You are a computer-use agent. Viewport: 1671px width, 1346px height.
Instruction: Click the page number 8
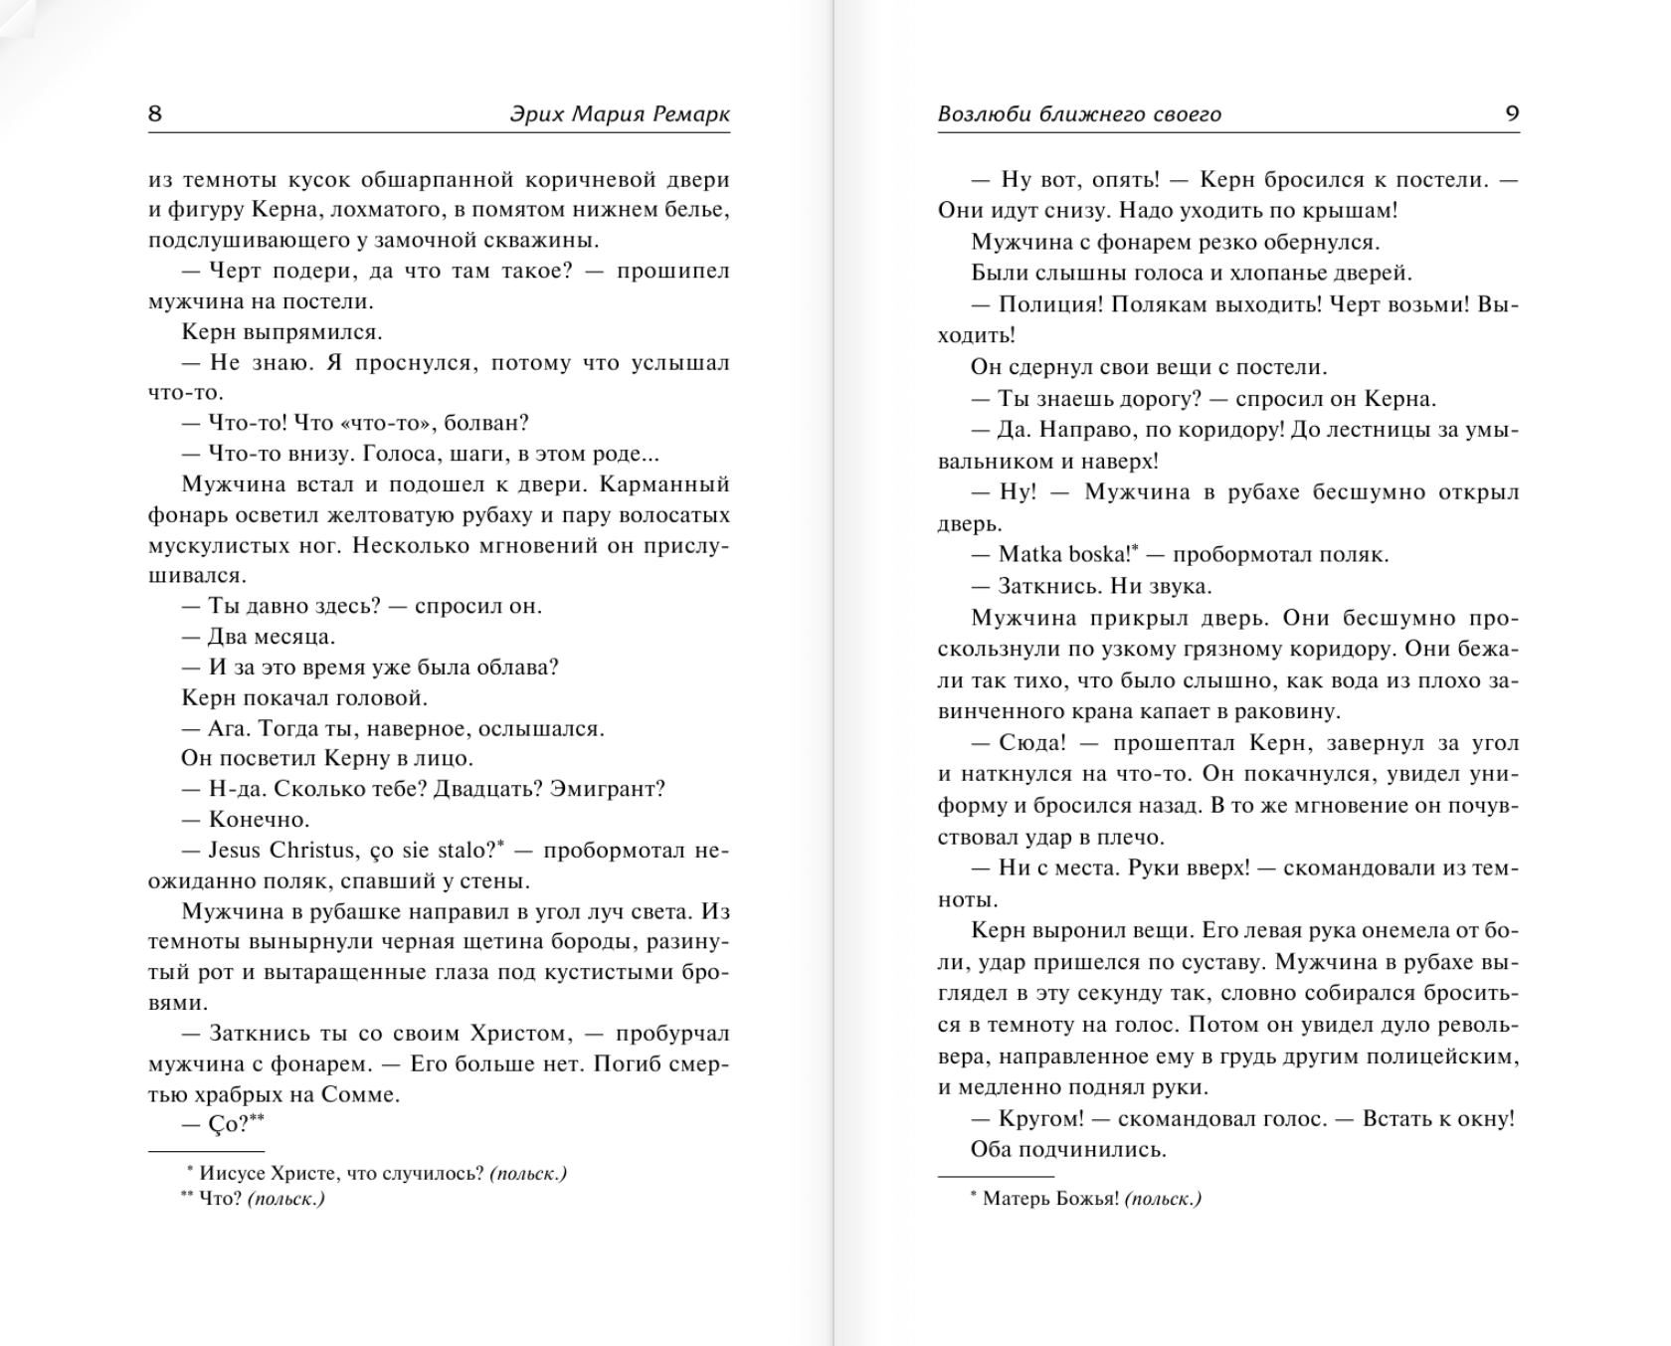click(155, 113)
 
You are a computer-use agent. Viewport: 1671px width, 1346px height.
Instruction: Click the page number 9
click(1512, 113)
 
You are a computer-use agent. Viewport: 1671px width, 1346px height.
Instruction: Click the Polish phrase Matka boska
click(1062, 555)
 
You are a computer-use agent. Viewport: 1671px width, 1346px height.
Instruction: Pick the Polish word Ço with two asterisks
click(226, 1125)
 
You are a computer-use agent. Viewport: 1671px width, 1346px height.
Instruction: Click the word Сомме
click(360, 1095)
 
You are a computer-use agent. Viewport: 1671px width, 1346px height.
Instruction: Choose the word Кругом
click(1040, 1119)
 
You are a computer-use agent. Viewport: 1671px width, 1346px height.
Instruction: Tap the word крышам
click(1358, 211)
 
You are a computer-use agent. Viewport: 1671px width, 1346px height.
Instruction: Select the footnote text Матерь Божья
click(1050, 1199)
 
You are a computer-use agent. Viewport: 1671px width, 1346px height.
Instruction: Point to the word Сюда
click(1032, 744)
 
